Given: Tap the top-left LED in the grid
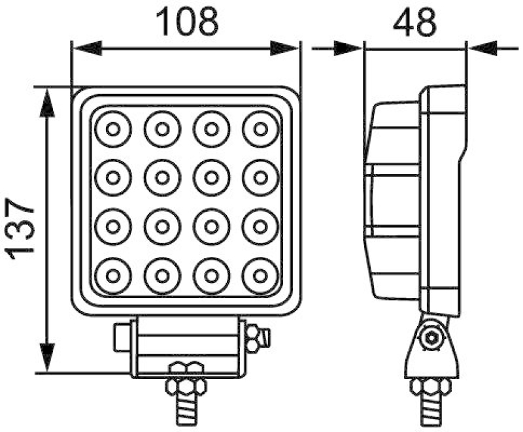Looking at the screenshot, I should pyautogui.click(x=112, y=129).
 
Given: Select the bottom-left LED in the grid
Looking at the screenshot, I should pyautogui.click(x=112, y=276).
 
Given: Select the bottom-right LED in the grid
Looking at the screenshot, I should pyautogui.click(x=260, y=276).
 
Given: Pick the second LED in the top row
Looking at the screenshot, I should pyautogui.click(x=161, y=129).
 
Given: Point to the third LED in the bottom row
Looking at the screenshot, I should pyautogui.click(x=211, y=276).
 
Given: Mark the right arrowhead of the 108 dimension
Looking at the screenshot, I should pyautogui.click(x=286, y=47).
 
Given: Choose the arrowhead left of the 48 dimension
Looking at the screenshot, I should pyautogui.click(x=348, y=47).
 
